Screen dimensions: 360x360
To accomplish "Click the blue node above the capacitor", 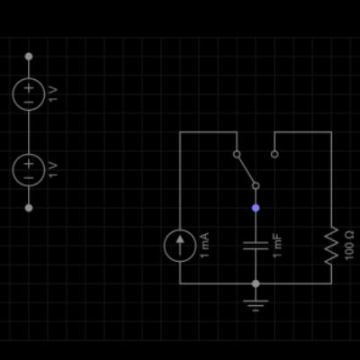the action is tap(256, 208).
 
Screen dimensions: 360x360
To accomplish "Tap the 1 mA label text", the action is tap(204, 245).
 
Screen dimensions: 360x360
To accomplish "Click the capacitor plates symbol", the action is tap(256, 246).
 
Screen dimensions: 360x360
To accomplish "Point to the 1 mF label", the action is tap(277, 246).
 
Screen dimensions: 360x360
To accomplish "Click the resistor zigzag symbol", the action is tap(331, 246).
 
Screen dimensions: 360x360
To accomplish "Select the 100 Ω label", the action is tap(349, 246).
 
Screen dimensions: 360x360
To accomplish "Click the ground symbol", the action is tap(256, 305).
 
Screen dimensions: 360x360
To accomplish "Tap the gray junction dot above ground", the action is tap(256, 283).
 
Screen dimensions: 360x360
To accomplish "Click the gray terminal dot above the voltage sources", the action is tap(29, 57).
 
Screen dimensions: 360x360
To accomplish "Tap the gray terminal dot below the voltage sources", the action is tap(29, 208).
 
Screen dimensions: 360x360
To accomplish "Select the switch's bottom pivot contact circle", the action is tap(256, 183).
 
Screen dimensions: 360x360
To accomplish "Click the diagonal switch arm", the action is tap(246, 170).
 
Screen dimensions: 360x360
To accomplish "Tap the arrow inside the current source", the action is tap(180, 245).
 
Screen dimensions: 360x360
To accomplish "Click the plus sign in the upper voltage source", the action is tap(29, 88).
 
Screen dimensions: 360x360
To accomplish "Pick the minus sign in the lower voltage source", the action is tap(29, 178).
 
